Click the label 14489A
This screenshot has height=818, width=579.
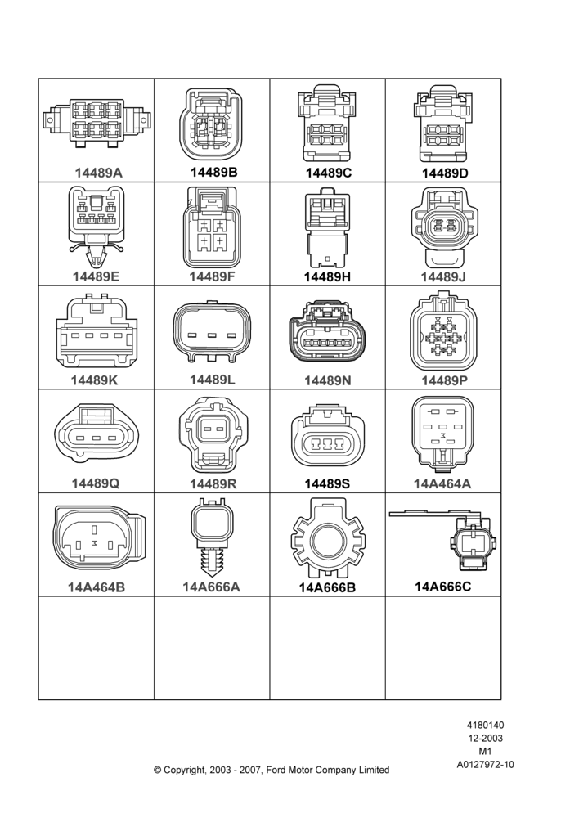point(98,173)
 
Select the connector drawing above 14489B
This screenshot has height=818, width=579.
point(211,124)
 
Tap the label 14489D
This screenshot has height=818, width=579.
point(445,173)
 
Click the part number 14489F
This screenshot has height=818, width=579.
point(212,276)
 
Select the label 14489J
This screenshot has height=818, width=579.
point(443,276)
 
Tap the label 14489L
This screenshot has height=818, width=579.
point(212,380)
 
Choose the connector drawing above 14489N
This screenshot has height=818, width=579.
point(327,330)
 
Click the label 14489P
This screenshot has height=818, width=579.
point(444,381)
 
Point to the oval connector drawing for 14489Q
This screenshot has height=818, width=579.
point(97,433)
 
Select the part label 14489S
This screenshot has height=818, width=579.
point(327,483)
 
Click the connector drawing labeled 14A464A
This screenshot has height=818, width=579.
point(443,432)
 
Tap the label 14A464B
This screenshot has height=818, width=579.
point(96,587)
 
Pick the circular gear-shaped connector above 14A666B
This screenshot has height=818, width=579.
point(327,538)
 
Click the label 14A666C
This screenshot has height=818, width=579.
point(443,587)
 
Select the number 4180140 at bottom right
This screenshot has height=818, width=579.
point(485,725)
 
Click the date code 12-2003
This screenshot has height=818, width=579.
point(485,738)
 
